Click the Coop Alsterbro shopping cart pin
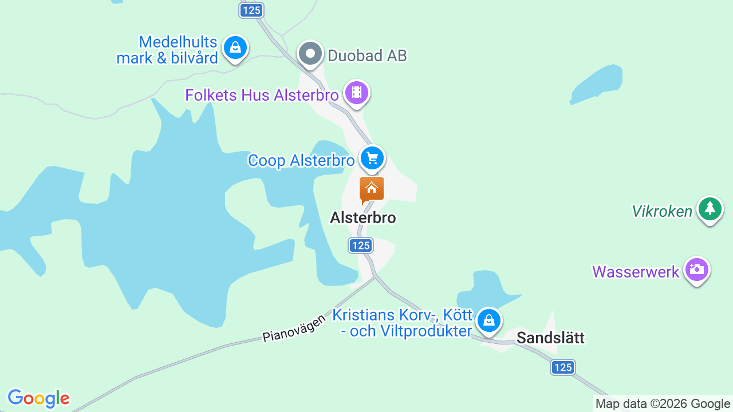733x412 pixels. (x=372, y=157)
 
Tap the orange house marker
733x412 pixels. (x=372, y=189)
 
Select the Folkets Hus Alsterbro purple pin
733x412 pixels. (x=357, y=92)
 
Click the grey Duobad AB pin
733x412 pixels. (x=311, y=54)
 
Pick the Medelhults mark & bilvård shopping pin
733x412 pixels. (x=235, y=47)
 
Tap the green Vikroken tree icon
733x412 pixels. (x=710, y=209)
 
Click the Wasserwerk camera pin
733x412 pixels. (x=696, y=269)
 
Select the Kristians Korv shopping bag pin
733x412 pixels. (x=488, y=320)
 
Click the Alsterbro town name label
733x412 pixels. (x=363, y=218)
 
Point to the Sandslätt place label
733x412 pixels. (x=550, y=338)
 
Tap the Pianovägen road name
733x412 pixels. (x=294, y=328)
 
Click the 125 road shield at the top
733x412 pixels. (x=251, y=10)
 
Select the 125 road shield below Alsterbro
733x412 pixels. (x=361, y=245)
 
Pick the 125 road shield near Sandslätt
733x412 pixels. (x=563, y=367)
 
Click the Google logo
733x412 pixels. (x=38, y=398)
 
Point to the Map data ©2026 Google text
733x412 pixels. (x=663, y=404)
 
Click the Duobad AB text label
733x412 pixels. (x=367, y=56)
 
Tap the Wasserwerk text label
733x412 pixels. (x=636, y=272)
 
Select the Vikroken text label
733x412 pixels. (x=662, y=212)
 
